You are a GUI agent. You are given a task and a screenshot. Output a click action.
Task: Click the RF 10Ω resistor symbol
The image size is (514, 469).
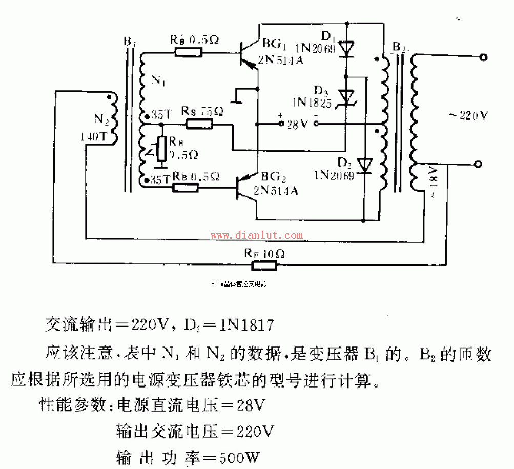point(264,265)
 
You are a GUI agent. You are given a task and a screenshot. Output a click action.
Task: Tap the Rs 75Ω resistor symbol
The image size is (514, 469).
point(199,124)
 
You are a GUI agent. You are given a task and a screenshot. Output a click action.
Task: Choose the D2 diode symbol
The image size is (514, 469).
point(364,165)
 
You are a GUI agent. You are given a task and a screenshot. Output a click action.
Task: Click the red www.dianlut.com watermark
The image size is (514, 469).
point(257,236)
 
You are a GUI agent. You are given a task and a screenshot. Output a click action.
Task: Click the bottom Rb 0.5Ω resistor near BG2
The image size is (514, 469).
point(186,188)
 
